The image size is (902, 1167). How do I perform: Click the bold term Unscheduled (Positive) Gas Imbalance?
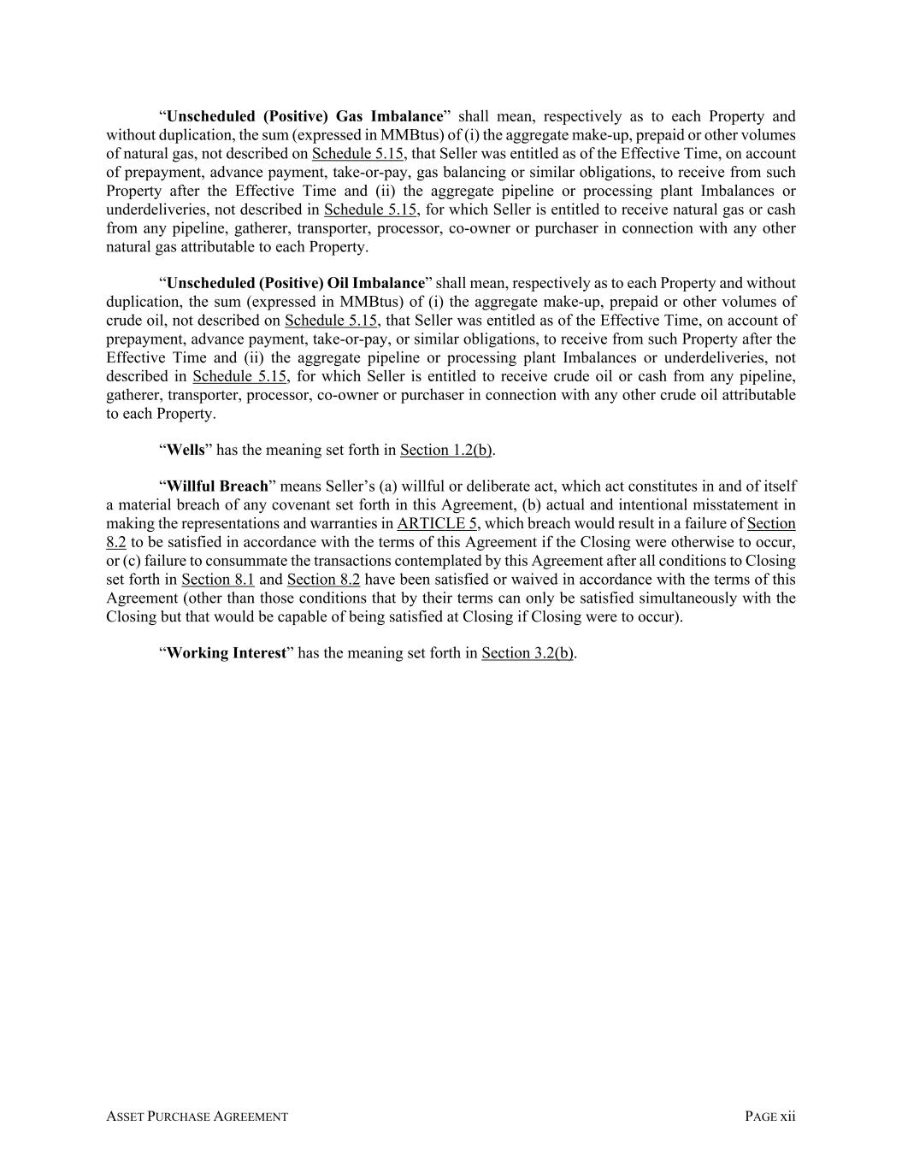tap(305, 116)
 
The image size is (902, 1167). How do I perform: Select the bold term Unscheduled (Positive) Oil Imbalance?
tap(295, 283)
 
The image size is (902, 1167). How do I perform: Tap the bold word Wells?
tap(186, 450)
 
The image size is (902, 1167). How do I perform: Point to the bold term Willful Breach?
tap(217, 486)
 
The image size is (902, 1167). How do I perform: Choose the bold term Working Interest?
tap(226, 653)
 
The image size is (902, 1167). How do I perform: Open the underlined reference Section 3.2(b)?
tap(528, 653)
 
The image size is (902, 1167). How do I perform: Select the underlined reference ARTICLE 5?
tap(437, 523)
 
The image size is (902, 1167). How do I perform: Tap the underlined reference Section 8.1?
tap(217, 580)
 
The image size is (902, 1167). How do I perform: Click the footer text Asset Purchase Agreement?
tap(197, 1117)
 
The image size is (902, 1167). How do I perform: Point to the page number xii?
tap(787, 1117)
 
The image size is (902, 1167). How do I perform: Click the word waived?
tap(524, 580)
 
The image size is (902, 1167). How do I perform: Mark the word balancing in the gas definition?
tap(473, 173)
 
